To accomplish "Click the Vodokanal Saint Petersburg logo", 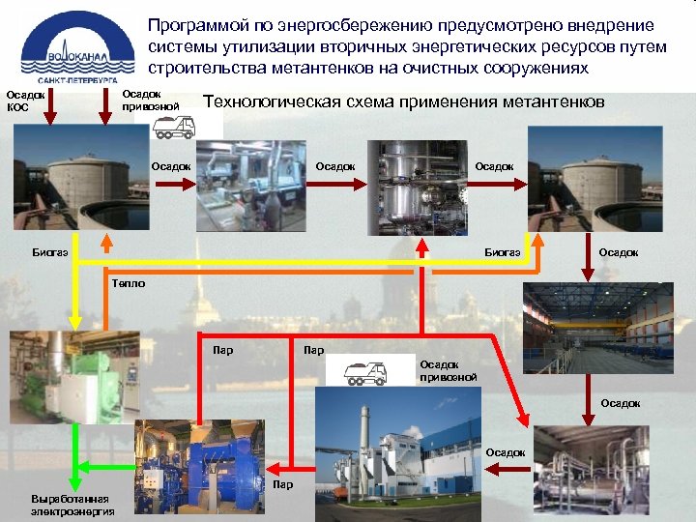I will [72, 43].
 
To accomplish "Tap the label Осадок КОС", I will [26, 101].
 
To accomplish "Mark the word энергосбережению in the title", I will [327, 25].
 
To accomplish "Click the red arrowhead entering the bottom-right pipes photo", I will [527, 420].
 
